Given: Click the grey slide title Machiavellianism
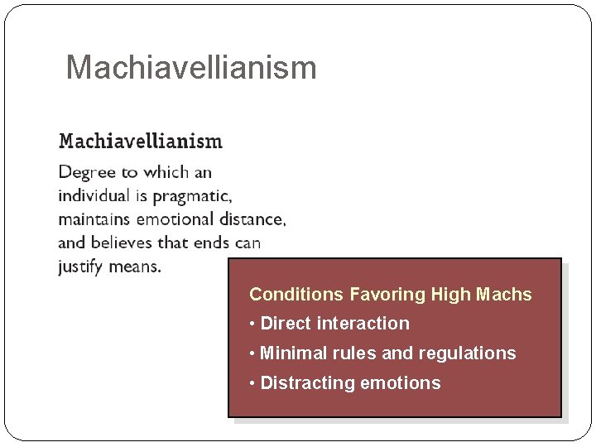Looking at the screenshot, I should pyautogui.click(x=190, y=68).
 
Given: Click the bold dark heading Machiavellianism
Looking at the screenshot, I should pyautogui.click(x=140, y=141).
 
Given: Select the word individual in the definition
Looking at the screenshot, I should pyautogui.click(x=94, y=196).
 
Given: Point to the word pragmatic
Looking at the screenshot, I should pyautogui.click(x=190, y=197).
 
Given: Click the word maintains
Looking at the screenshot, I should pyautogui.click(x=94, y=219).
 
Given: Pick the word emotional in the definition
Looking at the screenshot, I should pyautogui.click(x=174, y=219).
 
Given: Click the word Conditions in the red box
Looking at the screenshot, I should pyautogui.click(x=297, y=295).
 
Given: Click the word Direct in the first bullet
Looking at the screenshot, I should pyautogui.click(x=286, y=324).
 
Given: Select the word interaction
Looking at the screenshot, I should pyautogui.click(x=364, y=324).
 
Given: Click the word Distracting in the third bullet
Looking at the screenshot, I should pyautogui.click(x=304, y=383).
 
